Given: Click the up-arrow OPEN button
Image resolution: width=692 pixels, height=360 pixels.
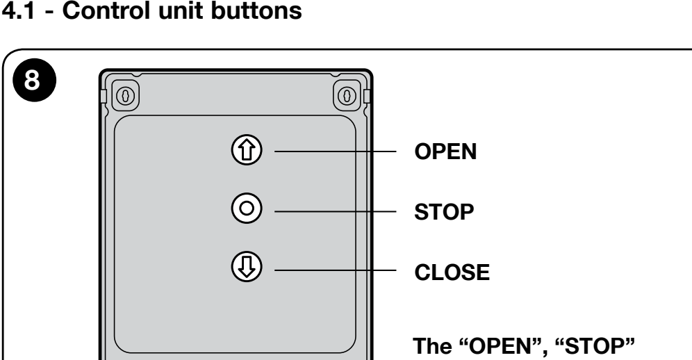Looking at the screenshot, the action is point(247,149).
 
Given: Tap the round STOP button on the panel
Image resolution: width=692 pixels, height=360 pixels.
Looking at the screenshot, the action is point(247,208).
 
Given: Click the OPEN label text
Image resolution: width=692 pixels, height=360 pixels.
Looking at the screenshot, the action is point(445,152).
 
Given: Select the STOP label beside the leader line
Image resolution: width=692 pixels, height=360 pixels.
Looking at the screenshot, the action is point(444,212).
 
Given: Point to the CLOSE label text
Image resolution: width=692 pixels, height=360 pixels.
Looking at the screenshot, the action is point(452,272).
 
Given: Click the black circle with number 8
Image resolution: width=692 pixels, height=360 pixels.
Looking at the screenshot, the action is point(35,80).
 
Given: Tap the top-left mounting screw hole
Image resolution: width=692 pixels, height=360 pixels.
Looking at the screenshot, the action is point(125,95).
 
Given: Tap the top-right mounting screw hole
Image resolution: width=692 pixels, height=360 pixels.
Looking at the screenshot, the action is point(347,95).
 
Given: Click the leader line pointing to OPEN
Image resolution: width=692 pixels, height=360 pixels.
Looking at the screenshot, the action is point(336,152).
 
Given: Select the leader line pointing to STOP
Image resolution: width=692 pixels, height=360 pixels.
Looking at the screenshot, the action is point(336,211).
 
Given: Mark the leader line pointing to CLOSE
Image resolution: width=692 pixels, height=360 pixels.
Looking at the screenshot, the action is point(336,270).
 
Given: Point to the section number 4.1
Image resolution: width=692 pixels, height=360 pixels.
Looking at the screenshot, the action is point(18,10).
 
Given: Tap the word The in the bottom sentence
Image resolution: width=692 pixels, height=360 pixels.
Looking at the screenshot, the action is point(431,346).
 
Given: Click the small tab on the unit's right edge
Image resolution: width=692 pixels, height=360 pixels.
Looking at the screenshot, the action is point(367,96).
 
